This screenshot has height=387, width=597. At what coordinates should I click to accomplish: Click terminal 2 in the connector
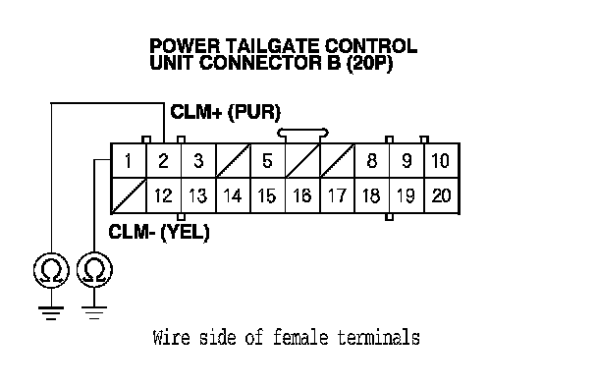click(x=164, y=161)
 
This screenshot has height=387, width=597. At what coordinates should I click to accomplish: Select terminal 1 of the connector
click(x=129, y=161)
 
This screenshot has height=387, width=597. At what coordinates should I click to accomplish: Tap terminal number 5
click(x=268, y=161)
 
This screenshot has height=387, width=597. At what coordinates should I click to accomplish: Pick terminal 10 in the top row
click(x=442, y=161)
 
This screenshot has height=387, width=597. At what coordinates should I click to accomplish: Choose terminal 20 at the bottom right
click(x=442, y=195)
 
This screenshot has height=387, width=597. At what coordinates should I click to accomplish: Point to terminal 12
click(x=164, y=195)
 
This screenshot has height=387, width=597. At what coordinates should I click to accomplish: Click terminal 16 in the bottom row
click(x=302, y=195)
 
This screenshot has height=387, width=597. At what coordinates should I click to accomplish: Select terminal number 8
click(x=372, y=161)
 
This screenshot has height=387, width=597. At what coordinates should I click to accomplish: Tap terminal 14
click(x=233, y=195)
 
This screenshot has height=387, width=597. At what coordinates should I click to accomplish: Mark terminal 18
click(x=372, y=195)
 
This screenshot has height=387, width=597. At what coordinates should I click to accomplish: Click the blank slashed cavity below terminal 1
click(x=129, y=195)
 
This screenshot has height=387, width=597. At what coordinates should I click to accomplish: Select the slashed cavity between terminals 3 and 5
click(x=233, y=161)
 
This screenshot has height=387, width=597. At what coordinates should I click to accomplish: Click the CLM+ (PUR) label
click(x=226, y=112)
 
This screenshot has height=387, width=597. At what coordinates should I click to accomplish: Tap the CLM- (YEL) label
click(x=159, y=232)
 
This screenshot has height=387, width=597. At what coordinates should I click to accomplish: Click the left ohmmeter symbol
click(x=51, y=270)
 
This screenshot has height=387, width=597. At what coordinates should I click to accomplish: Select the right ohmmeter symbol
click(x=94, y=270)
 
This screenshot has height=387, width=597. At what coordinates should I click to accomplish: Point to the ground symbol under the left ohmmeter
click(x=51, y=312)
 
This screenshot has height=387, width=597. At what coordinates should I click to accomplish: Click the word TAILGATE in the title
click(x=273, y=46)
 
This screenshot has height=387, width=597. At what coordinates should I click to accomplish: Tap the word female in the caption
click(x=300, y=338)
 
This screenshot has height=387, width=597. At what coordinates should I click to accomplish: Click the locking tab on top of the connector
click(x=302, y=134)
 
